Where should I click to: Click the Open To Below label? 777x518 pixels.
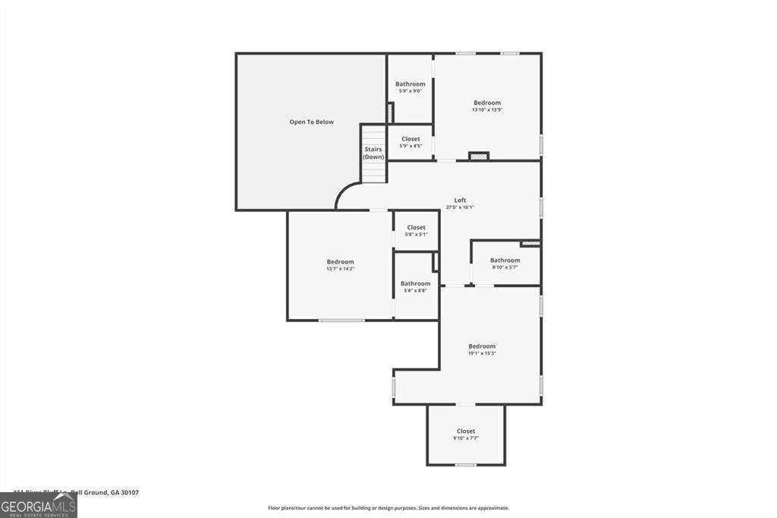pos(311,122)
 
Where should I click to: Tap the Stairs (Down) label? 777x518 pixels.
pos(373,153)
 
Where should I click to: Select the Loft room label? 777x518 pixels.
pos(460,200)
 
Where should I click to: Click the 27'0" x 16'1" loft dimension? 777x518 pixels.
pos(460,207)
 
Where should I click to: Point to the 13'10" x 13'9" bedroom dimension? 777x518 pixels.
pos(487,110)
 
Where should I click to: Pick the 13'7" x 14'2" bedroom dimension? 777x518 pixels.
pos(340,269)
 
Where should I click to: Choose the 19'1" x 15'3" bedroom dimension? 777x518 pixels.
pos(482,353)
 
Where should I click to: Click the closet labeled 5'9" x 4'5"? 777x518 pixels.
pos(411,139)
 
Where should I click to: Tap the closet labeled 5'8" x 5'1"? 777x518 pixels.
pos(416,227)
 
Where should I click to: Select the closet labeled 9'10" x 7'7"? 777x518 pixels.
pos(466,431)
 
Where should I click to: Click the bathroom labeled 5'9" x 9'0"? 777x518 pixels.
pos(411,84)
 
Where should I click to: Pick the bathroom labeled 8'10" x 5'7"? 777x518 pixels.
pos(505,260)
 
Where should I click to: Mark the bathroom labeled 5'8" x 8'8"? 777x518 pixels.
pos(416,283)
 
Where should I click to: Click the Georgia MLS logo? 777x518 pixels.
pos(39,505)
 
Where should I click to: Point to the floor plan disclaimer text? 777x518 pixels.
pos(388,508)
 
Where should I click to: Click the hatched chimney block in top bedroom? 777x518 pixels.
pos(479,156)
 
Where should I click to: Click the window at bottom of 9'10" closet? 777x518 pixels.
pos(465,465)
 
